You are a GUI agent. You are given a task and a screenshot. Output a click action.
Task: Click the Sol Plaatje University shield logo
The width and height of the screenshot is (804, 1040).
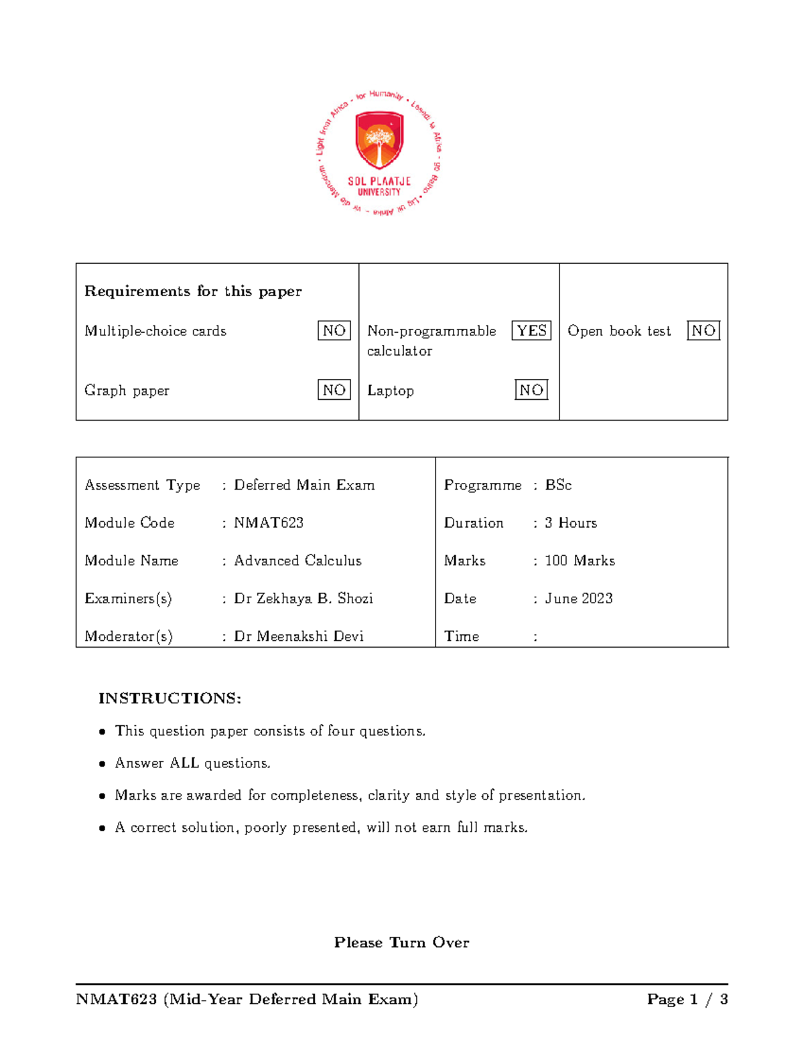pyautogui.click(x=379, y=141)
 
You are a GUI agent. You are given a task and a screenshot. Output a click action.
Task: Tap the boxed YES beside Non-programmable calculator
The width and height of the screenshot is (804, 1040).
pyautogui.click(x=531, y=331)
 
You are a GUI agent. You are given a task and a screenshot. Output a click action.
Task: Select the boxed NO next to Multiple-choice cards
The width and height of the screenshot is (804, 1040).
pyautogui.click(x=334, y=331)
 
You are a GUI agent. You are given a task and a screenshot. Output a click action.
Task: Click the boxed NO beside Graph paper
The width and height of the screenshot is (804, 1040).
pyautogui.click(x=334, y=390)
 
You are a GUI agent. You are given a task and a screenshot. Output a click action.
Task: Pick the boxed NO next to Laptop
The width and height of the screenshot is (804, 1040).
pyautogui.click(x=531, y=390)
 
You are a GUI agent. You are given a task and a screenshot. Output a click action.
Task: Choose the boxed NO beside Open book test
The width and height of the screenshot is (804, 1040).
pyautogui.click(x=703, y=331)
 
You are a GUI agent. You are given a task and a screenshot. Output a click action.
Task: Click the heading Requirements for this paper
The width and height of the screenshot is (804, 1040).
pyautogui.click(x=193, y=291)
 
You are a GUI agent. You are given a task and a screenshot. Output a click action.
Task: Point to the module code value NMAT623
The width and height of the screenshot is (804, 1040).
pyautogui.click(x=269, y=523)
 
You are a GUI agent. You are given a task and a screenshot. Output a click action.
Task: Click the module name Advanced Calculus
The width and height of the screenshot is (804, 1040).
pyautogui.click(x=297, y=561)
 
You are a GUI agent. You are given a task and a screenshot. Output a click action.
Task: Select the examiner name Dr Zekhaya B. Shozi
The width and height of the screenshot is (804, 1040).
pyautogui.click(x=304, y=599)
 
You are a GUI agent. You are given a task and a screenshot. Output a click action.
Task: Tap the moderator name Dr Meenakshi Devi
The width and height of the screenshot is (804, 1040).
pyautogui.click(x=299, y=636)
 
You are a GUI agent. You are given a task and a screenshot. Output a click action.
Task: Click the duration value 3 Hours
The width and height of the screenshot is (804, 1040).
pyautogui.click(x=571, y=523)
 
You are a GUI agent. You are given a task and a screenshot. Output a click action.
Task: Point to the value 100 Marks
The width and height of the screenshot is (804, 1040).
pyautogui.click(x=580, y=561)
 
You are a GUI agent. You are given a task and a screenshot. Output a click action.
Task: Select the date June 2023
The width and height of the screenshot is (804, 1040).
pyautogui.click(x=579, y=599)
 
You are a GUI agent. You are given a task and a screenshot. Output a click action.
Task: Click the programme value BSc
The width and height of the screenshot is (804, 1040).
pyautogui.click(x=558, y=485)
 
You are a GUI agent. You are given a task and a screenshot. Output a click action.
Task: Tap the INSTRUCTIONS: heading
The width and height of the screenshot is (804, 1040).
pyautogui.click(x=170, y=698)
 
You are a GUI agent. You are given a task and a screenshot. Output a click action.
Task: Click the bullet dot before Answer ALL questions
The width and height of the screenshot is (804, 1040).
pyautogui.click(x=103, y=764)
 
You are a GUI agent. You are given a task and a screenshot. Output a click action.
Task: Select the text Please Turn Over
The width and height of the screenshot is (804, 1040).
pyautogui.click(x=401, y=943)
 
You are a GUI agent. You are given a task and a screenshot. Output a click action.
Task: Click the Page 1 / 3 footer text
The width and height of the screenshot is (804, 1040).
pyautogui.click(x=687, y=1000)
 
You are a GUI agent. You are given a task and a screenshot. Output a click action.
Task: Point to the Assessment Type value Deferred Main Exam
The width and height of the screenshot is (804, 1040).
pyautogui.click(x=304, y=485)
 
